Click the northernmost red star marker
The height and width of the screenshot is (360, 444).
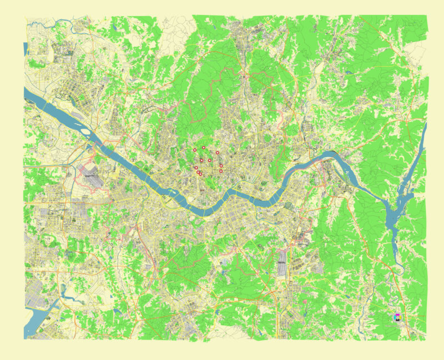204,147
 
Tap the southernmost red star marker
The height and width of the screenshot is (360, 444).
200,174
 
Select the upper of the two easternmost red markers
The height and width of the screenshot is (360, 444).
221,166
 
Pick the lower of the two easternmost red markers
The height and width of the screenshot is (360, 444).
221,171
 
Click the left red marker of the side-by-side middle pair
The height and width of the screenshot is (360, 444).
201,160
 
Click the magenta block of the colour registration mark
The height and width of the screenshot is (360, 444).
397,315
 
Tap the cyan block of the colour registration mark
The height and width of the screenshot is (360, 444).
395,318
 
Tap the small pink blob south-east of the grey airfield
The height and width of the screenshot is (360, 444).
305,302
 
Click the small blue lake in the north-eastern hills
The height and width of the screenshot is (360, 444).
347,72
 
